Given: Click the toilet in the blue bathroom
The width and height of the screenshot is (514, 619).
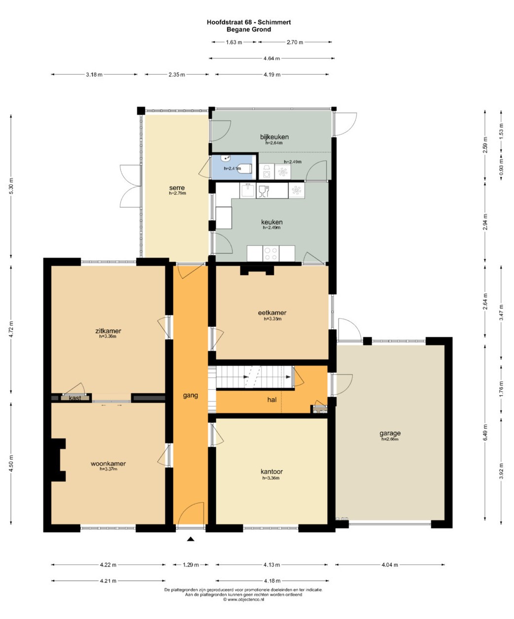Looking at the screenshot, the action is (245, 169).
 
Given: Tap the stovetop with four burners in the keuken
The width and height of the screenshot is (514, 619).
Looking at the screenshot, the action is (271, 253).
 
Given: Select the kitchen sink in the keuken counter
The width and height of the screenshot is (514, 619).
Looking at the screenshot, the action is (247, 190).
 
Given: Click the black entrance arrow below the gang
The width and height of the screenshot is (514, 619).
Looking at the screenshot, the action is (191, 539).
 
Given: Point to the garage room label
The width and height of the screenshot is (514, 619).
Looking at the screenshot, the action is (390, 433).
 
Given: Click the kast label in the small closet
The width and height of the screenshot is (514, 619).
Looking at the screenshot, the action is (75, 398).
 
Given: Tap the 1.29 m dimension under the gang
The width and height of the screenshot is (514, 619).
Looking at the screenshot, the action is (191, 565).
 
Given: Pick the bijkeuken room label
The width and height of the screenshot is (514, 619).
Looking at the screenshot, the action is (274, 137).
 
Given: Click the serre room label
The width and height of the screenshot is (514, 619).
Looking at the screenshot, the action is (177, 188).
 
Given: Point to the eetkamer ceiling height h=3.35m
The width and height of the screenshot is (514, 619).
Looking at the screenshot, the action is (273, 319).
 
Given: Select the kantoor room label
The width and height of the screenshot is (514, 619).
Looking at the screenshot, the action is (272, 471).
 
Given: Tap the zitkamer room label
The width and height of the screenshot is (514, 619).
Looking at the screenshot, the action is (108, 331).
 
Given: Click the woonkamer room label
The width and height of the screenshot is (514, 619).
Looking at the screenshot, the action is (108, 464).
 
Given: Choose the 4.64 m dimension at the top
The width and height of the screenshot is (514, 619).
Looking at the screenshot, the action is (272, 59).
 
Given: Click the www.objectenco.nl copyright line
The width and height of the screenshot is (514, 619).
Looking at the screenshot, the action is (243, 599).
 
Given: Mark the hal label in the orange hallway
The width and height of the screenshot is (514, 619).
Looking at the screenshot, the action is (272, 400).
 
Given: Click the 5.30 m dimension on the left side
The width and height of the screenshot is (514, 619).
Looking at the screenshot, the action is (11, 186).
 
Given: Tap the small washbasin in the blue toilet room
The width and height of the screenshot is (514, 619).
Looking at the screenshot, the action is (226, 158).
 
